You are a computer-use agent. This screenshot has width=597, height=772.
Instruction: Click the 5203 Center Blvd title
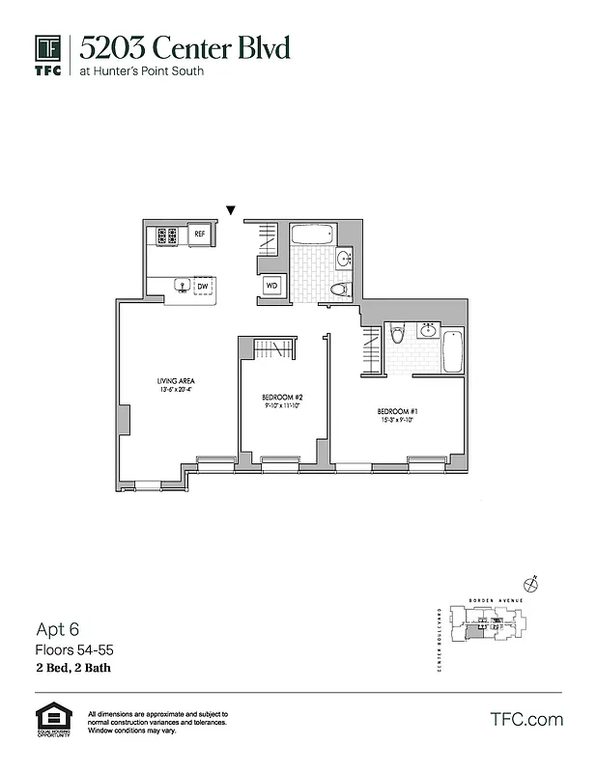pos(185,47)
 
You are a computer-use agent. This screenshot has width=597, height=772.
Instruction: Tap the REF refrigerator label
pos(201,234)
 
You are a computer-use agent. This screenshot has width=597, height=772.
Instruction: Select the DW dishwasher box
pos(203,287)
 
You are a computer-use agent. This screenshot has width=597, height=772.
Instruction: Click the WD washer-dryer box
pos(272,286)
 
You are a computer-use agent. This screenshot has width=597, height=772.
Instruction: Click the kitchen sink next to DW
pos(180,286)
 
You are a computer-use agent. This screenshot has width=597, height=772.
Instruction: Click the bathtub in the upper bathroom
pos(311,234)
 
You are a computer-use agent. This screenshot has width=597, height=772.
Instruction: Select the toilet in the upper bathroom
pos(339,288)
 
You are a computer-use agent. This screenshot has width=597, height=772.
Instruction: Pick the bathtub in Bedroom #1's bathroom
pos(452,353)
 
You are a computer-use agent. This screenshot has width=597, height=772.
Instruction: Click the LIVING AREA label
pos(175,382)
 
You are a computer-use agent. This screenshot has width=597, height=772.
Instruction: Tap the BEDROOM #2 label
pos(283,398)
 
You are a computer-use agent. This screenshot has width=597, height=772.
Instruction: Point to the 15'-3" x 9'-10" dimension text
pos(396,420)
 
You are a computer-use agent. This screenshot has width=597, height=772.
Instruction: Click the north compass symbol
pos(529,584)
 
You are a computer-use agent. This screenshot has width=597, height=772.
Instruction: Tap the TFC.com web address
pos(526,719)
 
